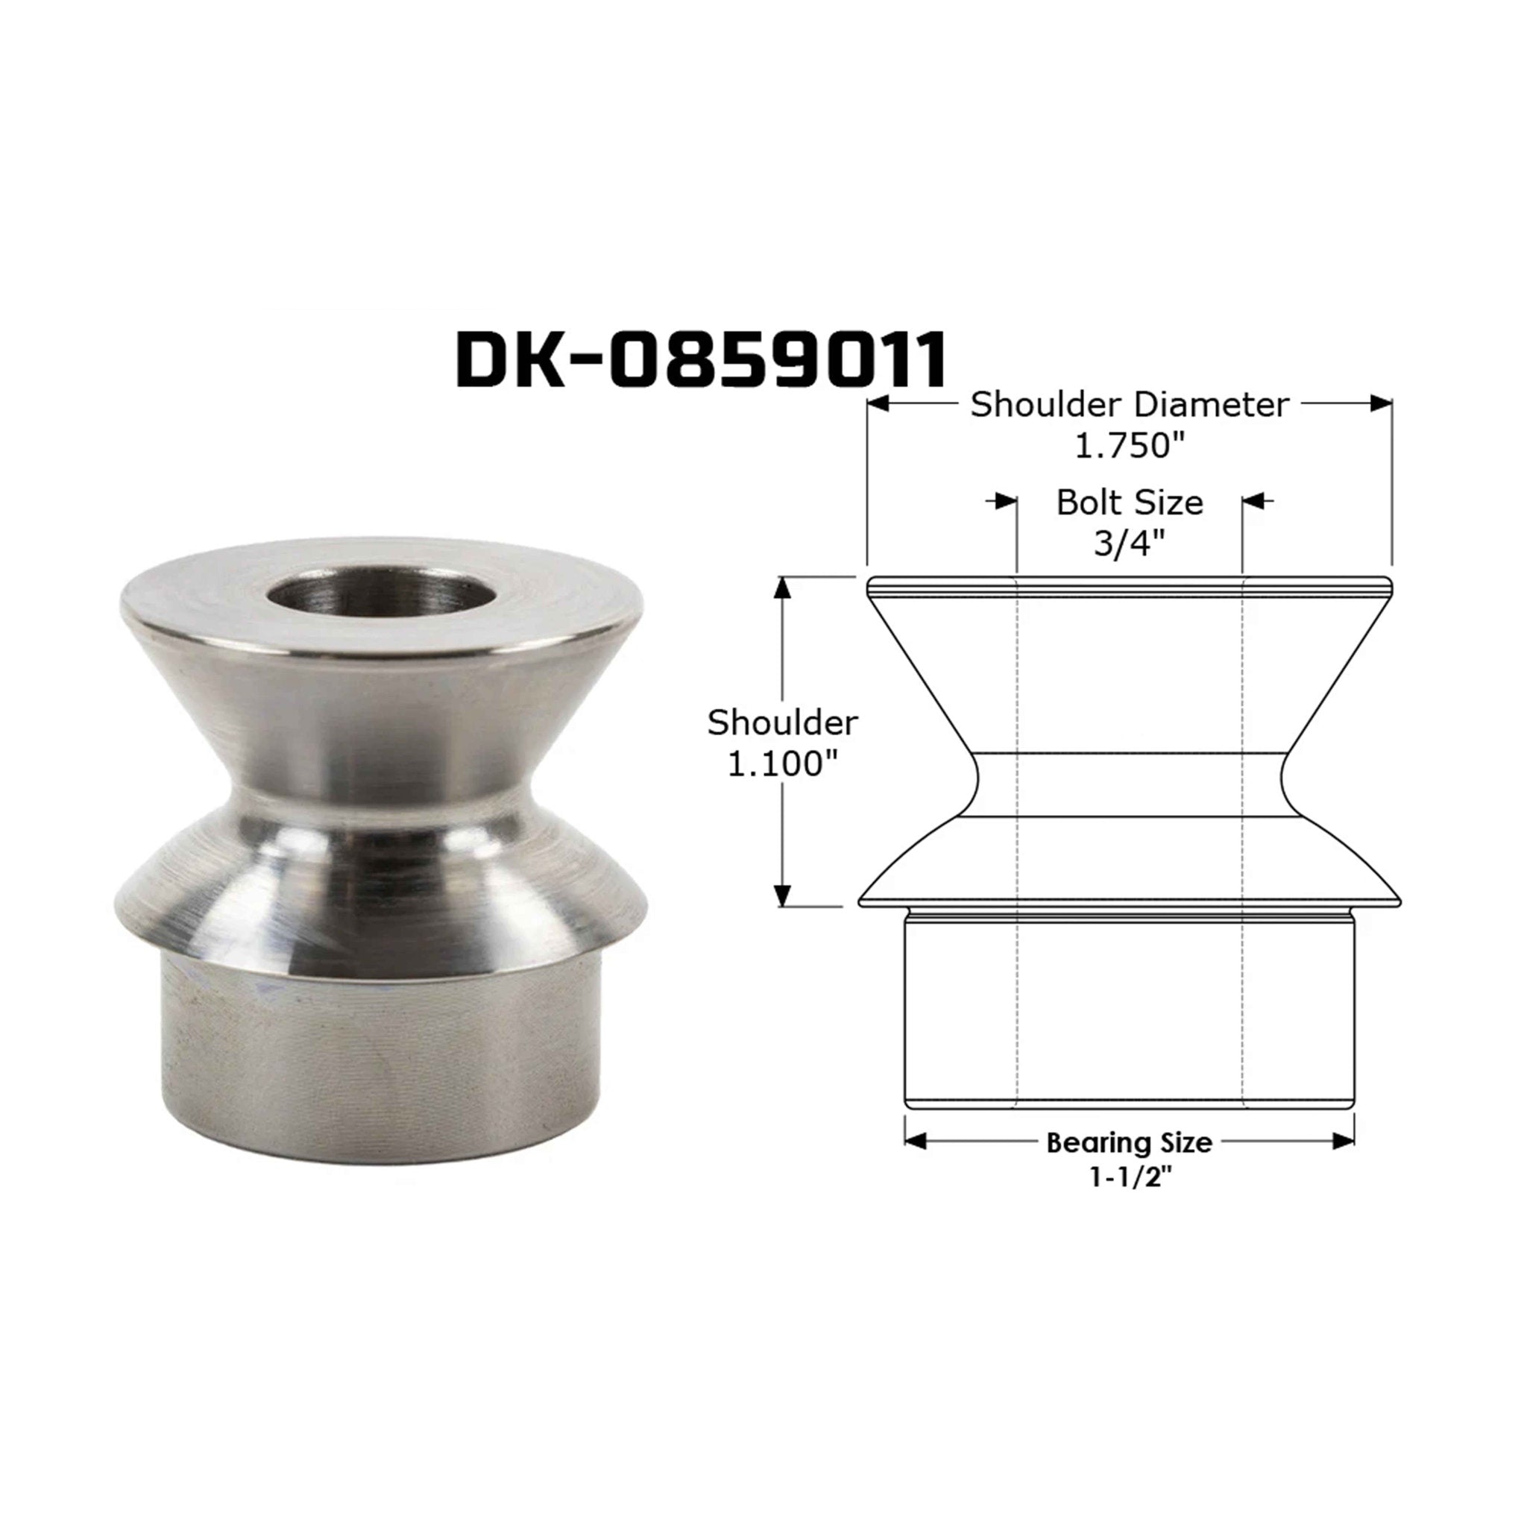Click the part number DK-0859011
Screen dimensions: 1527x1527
tap(701, 360)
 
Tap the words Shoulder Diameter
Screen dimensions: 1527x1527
tap(1130, 405)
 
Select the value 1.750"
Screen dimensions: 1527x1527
tap(1130, 447)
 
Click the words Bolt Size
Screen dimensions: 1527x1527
tap(1130, 503)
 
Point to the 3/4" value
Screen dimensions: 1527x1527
tap(1130, 544)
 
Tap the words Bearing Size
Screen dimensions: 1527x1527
tap(1129, 1142)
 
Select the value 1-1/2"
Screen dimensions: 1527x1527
tap(1129, 1179)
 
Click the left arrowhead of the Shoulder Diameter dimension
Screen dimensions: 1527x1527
tap(878, 404)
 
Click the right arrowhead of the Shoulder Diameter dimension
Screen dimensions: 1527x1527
tap(1381, 404)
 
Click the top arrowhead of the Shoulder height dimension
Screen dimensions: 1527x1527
tap(782, 589)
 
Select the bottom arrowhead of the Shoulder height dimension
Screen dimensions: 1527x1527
tap(782, 895)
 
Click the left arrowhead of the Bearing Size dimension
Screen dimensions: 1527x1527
tap(916, 1142)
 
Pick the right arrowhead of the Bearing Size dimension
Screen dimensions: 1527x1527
tap(1344, 1142)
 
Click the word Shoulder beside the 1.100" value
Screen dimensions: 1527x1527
tap(781, 722)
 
